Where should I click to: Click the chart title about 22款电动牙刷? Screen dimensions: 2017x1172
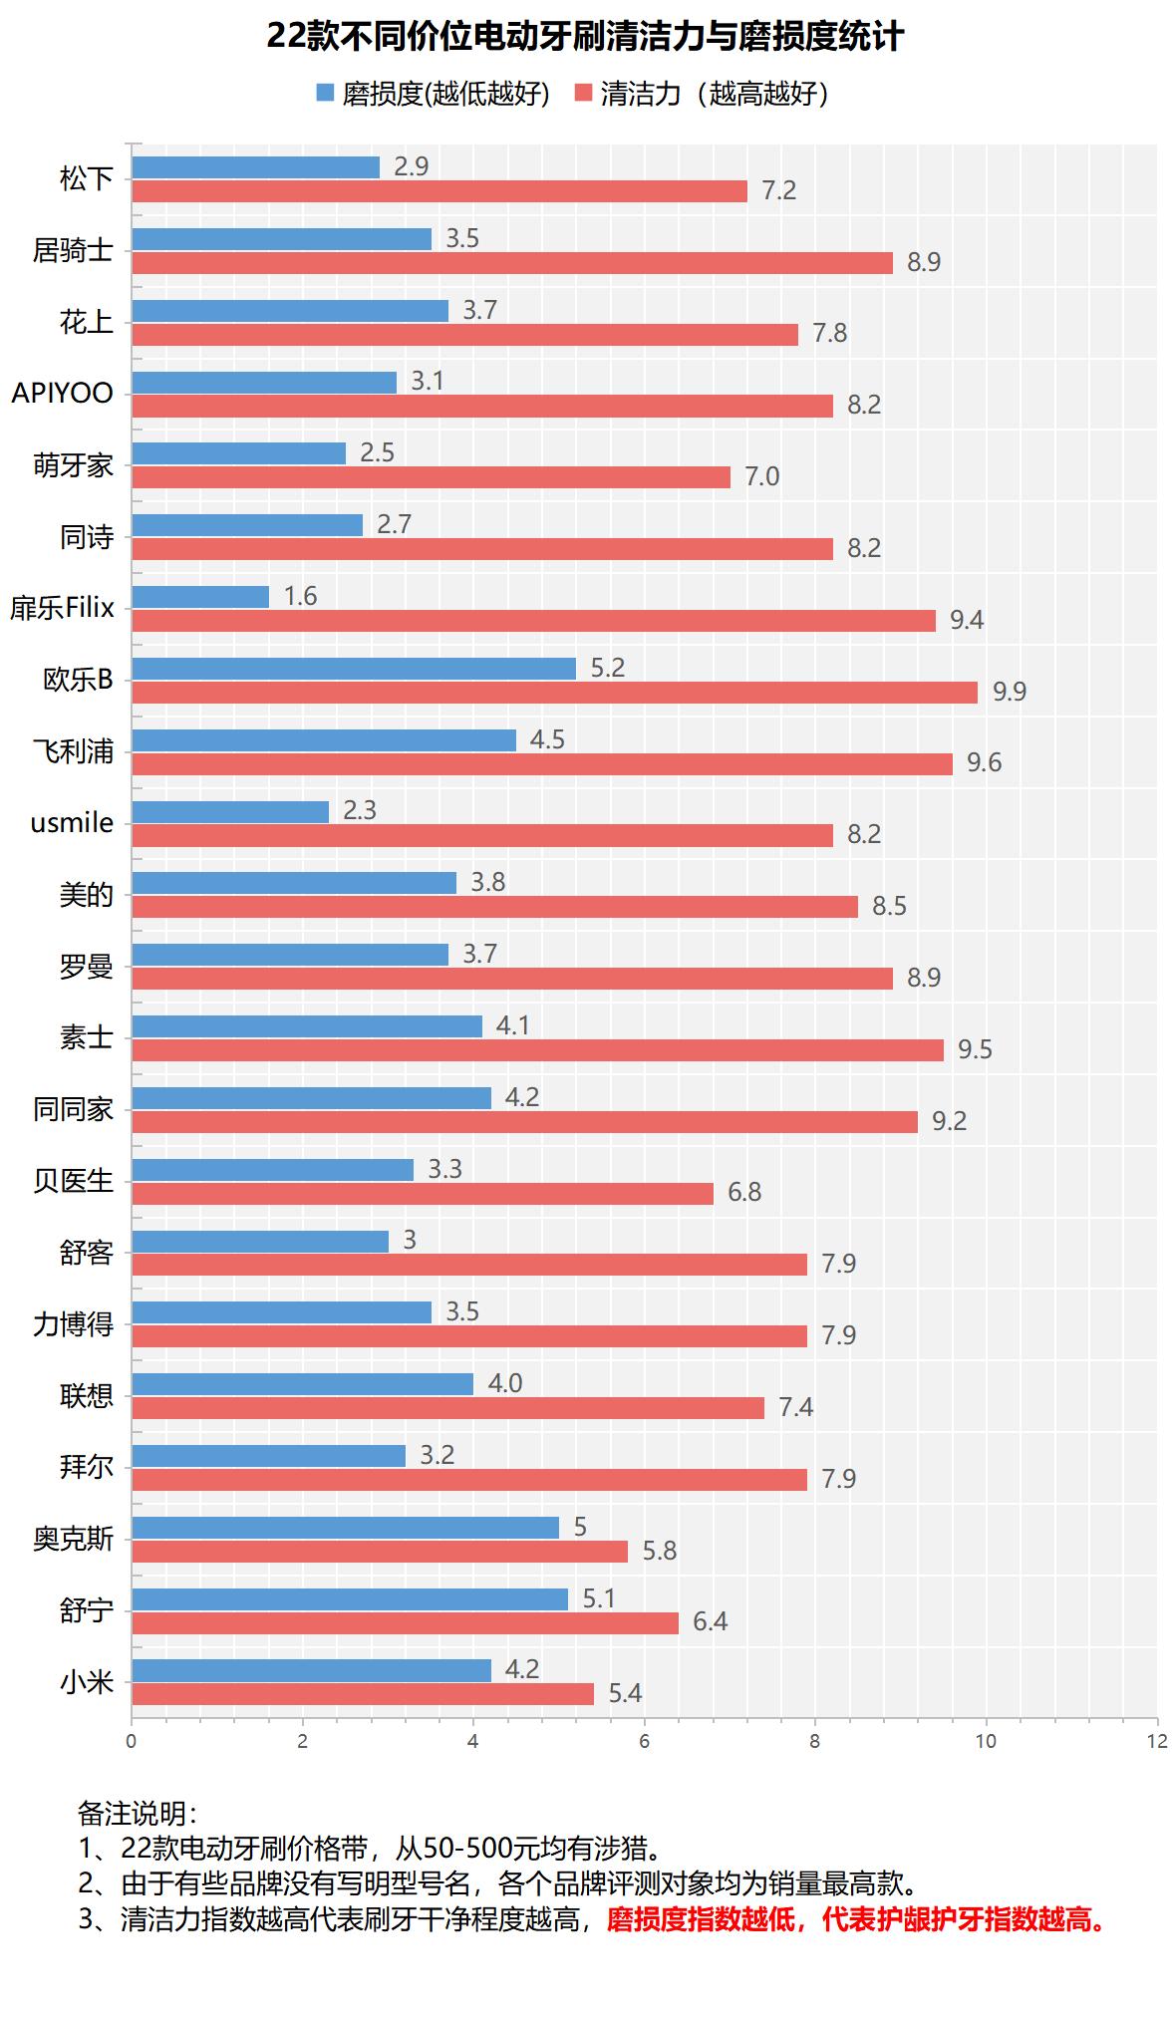click(x=585, y=38)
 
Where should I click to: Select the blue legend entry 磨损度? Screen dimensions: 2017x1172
click(x=433, y=94)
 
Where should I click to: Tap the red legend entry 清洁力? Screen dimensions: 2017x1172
click(x=703, y=94)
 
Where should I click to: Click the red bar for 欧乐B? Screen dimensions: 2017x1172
click(x=554, y=693)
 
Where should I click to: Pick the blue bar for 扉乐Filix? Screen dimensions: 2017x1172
click(x=200, y=597)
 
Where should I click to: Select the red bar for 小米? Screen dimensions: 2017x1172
click(x=363, y=1694)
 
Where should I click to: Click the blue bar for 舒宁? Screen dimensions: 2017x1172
click(x=350, y=1599)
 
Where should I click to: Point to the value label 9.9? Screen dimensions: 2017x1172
click(x=1009, y=693)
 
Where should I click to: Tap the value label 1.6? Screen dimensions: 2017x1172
click(x=300, y=597)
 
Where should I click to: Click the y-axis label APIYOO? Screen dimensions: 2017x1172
click(x=63, y=394)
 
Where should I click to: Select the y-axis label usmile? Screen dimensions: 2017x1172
click(x=72, y=823)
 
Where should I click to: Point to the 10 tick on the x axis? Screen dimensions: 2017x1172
click(x=986, y=1741)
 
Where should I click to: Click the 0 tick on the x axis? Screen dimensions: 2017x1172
click(x=132, y=1741)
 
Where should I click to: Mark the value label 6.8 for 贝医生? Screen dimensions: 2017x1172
click(x=744, y=1193)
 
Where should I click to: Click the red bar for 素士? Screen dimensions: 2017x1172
click(x=537, y=1050)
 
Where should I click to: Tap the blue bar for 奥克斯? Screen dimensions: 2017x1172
click(x=345, y=1528)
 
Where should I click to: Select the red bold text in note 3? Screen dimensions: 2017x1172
click(x=858, y=1919)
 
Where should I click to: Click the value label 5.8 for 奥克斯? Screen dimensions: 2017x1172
click(x=659, y=1552)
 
